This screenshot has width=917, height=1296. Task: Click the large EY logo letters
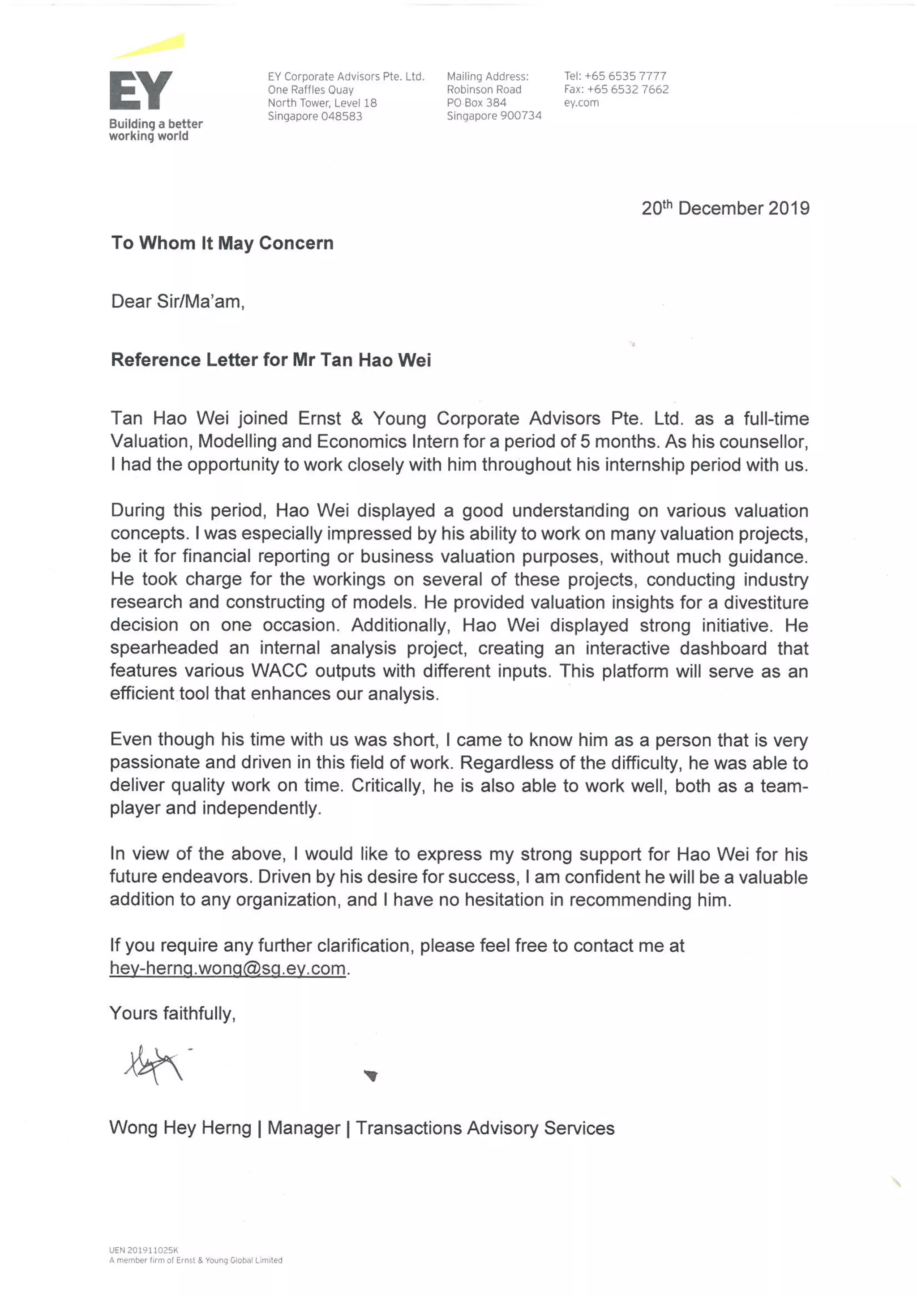(141, 90)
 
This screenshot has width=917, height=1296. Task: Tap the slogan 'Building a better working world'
(155, 130)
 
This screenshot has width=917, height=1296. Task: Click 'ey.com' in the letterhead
(581, 103)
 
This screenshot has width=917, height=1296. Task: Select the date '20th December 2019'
(725, 208)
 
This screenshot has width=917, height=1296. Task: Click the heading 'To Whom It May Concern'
(222, 243)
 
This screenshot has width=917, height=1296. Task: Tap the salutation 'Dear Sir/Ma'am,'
(178, 301)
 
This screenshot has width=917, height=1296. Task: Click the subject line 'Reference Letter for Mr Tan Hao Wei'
(270, 360)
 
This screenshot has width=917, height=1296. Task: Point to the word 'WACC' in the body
(279, 671)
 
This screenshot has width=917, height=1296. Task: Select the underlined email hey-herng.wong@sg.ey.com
(227, 969)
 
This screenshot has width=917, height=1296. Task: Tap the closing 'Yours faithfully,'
(172, 1014)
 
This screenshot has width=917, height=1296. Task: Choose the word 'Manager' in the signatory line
(303, 1129)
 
